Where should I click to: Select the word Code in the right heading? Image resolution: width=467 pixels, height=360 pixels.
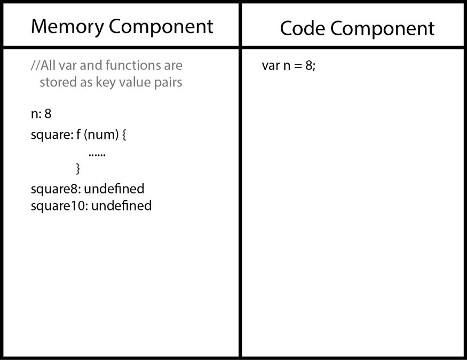pyautogui.click(x=302, y=29)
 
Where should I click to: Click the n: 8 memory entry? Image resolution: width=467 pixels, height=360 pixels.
pyautogui.click(x=41, y=114)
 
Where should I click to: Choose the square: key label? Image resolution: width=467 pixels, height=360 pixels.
pyautogui.click(x=52, y=135)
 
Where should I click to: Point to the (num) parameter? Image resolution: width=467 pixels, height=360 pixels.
pyautogui.click(x=101, y=135)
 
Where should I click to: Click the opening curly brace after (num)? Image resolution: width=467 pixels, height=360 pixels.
pyautogui.click(x=124, y=135)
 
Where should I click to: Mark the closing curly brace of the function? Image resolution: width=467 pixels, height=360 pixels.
pyautogui.click(x=78, y=169)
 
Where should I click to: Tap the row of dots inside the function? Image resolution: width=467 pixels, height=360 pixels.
pyautogui.click(x=97, y=155)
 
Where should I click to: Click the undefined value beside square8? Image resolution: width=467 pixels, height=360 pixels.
pyautogui.click(x=114, y=189)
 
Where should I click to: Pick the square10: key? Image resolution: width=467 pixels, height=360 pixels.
pyautogui.click(x=60, y=206)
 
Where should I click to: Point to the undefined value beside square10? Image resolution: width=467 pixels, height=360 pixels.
pyautogui.click(x=122, y=206)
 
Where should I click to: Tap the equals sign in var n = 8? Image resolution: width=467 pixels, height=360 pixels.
pyautogui.click(x=298, y=66)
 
